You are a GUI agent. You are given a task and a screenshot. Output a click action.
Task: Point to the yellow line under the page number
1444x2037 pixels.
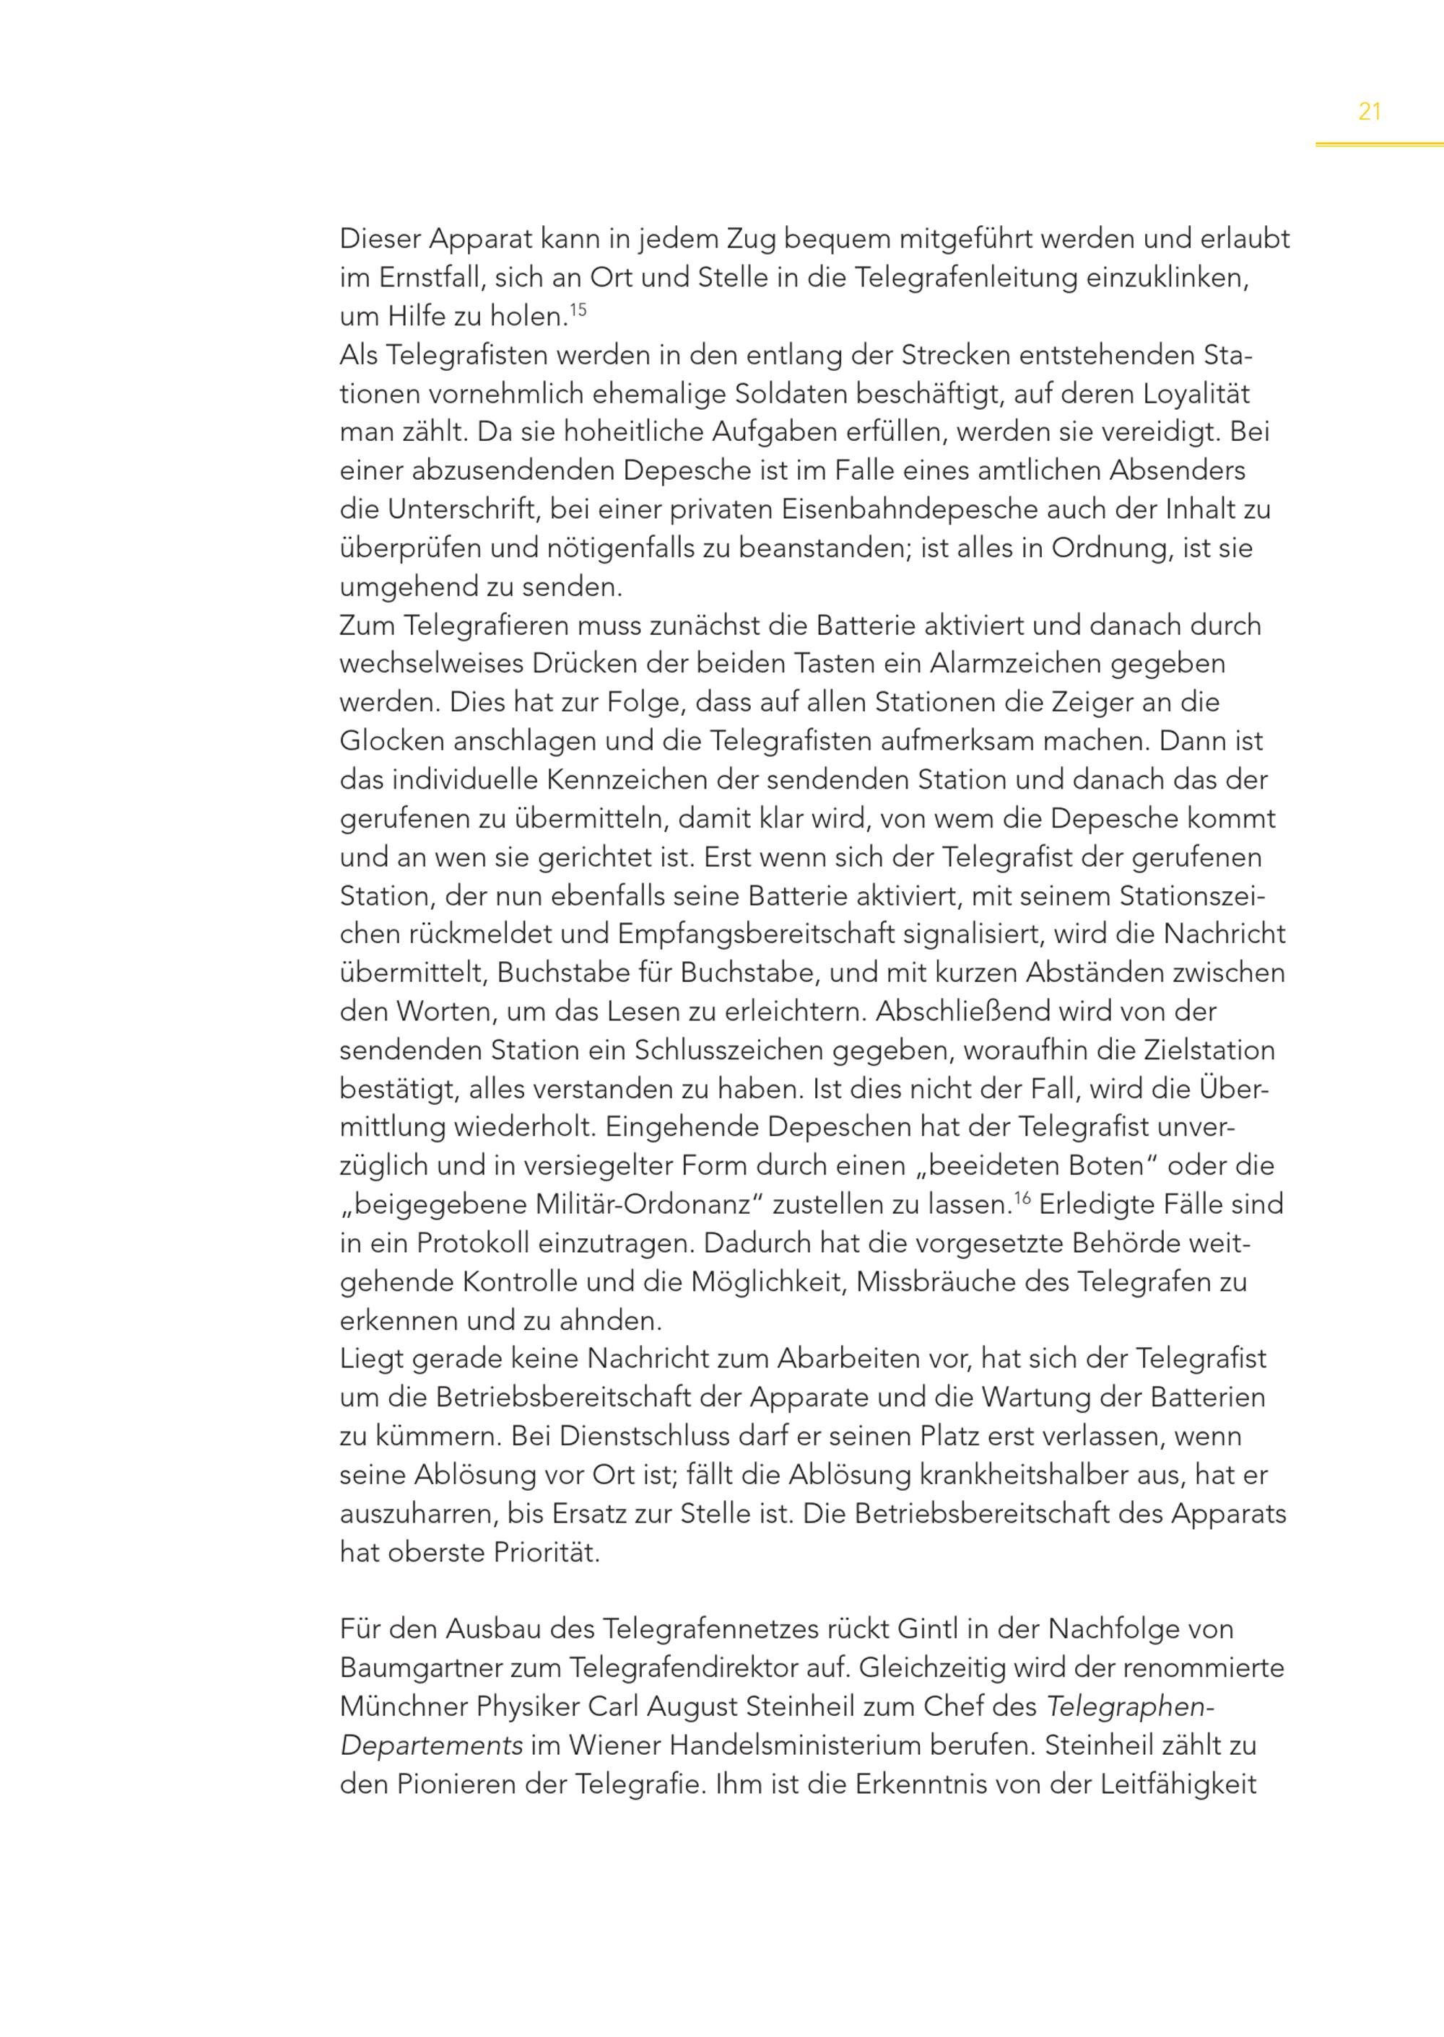tap(1379, 144)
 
